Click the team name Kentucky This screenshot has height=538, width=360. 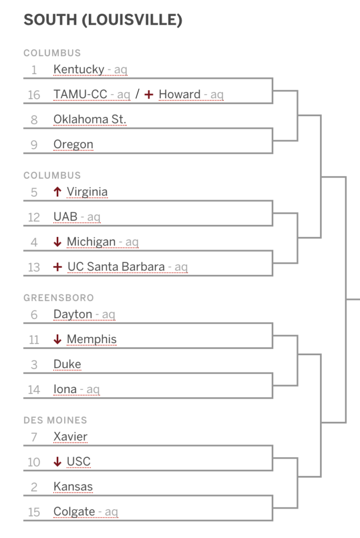79,70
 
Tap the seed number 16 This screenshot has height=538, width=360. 34,95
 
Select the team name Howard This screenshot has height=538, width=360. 180,95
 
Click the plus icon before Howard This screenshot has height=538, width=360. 149,95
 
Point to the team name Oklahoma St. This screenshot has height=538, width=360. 90,119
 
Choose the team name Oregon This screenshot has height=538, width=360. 74,145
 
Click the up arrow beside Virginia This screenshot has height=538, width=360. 58,192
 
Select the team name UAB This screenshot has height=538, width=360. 66,217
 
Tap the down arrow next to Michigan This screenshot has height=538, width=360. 58,242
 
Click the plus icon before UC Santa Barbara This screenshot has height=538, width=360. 58,267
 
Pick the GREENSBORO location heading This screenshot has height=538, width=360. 59,298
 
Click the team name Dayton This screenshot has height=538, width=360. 73,315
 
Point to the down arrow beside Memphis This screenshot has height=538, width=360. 58,339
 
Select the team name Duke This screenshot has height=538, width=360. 67,365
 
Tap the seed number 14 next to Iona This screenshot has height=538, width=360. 34,390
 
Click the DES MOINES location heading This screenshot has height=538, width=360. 55,420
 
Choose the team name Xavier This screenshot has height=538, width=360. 70,437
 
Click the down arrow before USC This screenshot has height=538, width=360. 58,462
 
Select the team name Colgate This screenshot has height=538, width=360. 74,512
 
